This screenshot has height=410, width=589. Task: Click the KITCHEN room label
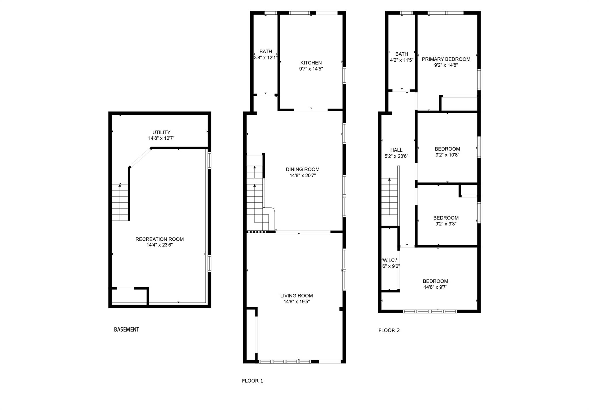(x=311, y=63)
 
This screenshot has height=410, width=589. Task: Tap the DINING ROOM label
(x=303, y=169)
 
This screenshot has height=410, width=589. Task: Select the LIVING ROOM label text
(x=297, y=296)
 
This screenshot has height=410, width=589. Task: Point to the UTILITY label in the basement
(x=161, y=132)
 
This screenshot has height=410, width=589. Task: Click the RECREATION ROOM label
(x=159, y=239)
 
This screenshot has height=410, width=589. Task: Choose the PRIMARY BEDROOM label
(x=446, y=59)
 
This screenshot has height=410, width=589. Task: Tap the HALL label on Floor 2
(x=396, y=150)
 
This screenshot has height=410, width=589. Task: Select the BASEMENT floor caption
(x=127, y=329)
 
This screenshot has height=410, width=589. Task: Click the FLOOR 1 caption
(x=253, y=381)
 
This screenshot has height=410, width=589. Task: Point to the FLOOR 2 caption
(x=389, y=331)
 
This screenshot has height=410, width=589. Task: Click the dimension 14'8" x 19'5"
(x=297, y=302)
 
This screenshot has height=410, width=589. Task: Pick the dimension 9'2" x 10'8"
(x=447, y=155)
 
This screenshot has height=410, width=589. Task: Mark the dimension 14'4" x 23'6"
(x=160, y=245)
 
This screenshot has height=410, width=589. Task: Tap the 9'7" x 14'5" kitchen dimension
(x=311, y=69)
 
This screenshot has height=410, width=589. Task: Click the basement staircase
(x=120, y=202)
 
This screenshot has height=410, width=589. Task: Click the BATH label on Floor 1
(x=266, y=52)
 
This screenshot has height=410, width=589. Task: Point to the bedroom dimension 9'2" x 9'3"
(x=446, y=224)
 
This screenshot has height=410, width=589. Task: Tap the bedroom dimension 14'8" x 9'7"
(x=435, y=287)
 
